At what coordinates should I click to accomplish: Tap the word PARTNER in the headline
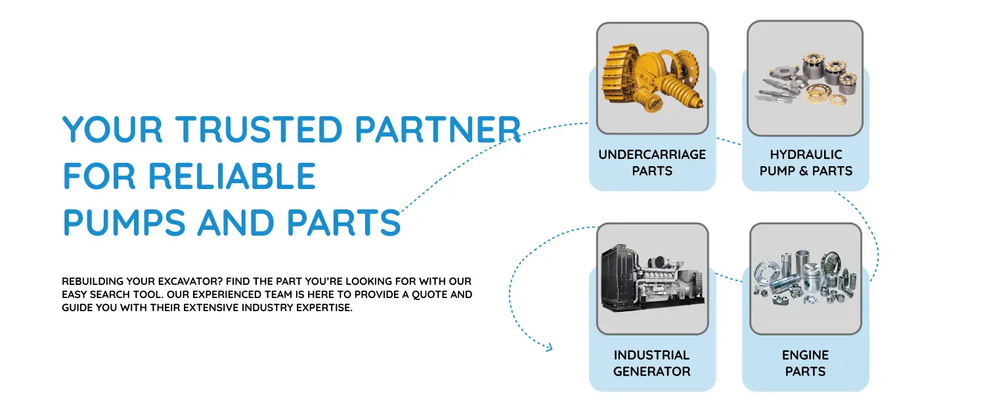pyautogui.click(x=438, y=129)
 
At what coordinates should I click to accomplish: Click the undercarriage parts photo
pyautogui.click(x=652, y=78)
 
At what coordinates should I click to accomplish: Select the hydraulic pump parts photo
pyautogui.click(x=805, y=78)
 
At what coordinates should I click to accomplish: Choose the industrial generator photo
pyautogui.click(x=652, y=279)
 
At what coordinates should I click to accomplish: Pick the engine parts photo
pyautogui.click(x=805, y=279)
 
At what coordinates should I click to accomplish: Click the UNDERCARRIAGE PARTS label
pyautogui.click(x=652, y=163)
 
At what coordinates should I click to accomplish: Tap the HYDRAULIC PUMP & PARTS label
pyautogui.click(x=805, y=163)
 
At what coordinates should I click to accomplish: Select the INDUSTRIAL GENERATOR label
pyautogui.click(x=652, y=363)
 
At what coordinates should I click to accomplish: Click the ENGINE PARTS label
pyautogui.click(x=805, y=363)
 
